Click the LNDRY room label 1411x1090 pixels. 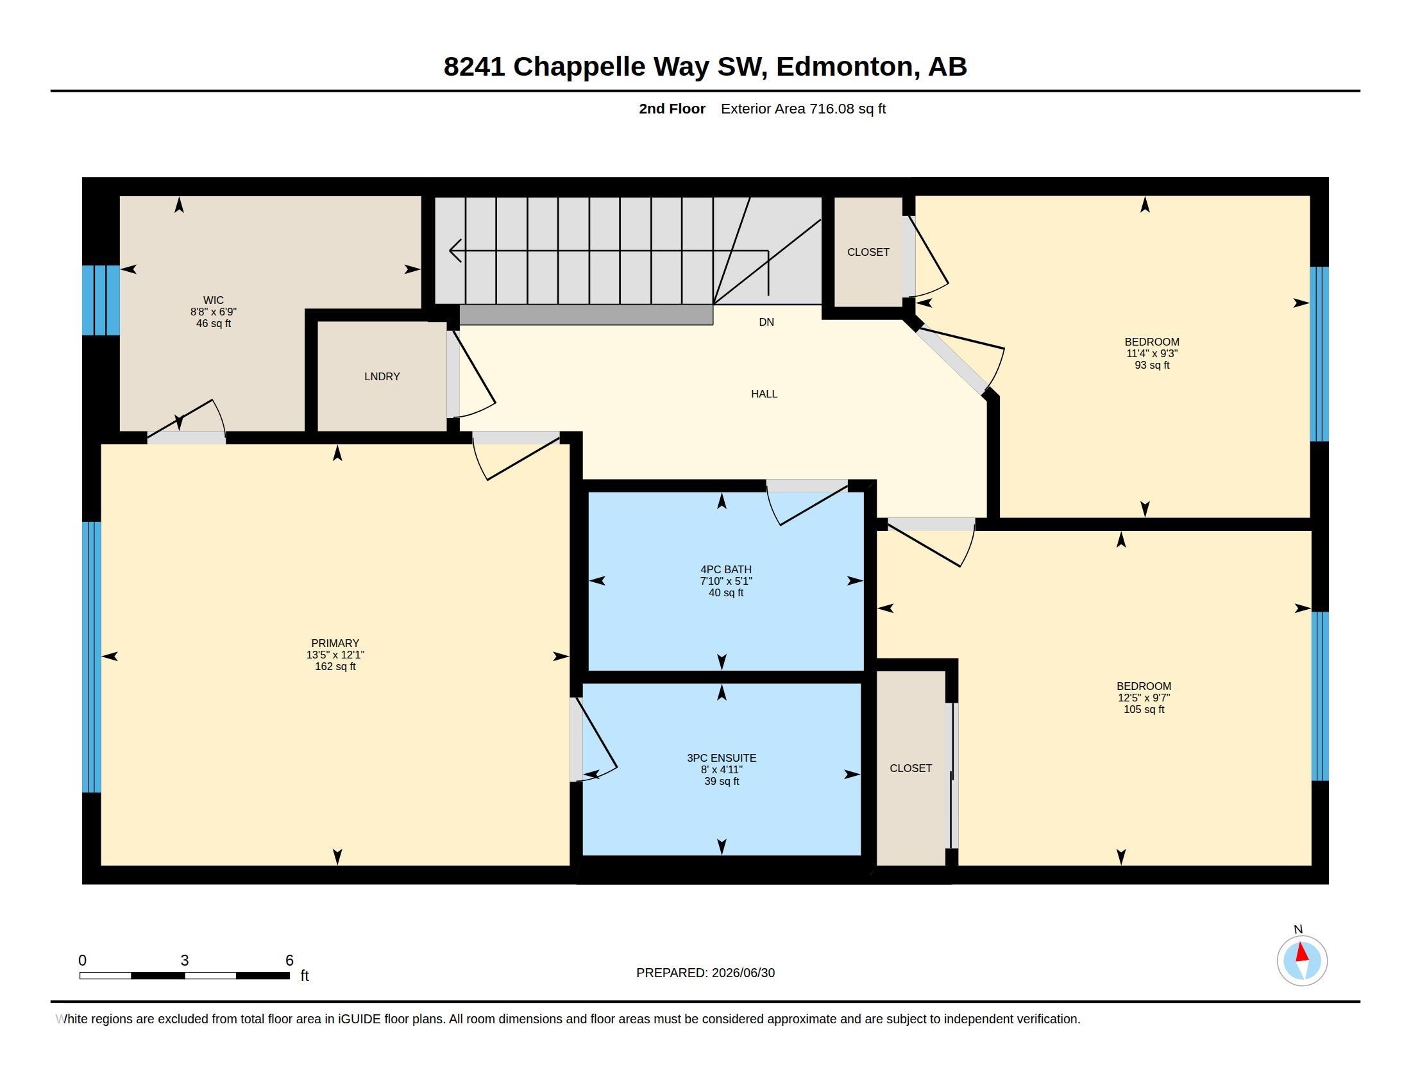point(382,376)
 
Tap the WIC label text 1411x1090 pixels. point(213,300)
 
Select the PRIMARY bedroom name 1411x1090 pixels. point(335,643)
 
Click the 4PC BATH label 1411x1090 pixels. point(725,569)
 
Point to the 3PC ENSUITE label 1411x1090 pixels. point(721,758)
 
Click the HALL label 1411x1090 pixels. point(764,394)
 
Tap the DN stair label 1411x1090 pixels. point(766,323)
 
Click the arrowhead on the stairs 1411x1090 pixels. point(454,251)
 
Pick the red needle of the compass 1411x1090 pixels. point(1302,952)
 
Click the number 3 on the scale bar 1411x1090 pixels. point(185,960)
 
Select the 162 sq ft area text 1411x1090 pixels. point(335,666)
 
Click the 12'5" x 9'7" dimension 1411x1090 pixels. point(1144,698)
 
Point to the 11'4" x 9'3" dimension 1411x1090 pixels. point(1151,354)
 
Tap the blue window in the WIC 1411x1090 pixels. point(101,300)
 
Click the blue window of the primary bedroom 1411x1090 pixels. point(92,657)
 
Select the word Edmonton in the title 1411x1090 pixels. point(845,67)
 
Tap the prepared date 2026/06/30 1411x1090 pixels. point(743,973)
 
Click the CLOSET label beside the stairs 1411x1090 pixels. point(868,252)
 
